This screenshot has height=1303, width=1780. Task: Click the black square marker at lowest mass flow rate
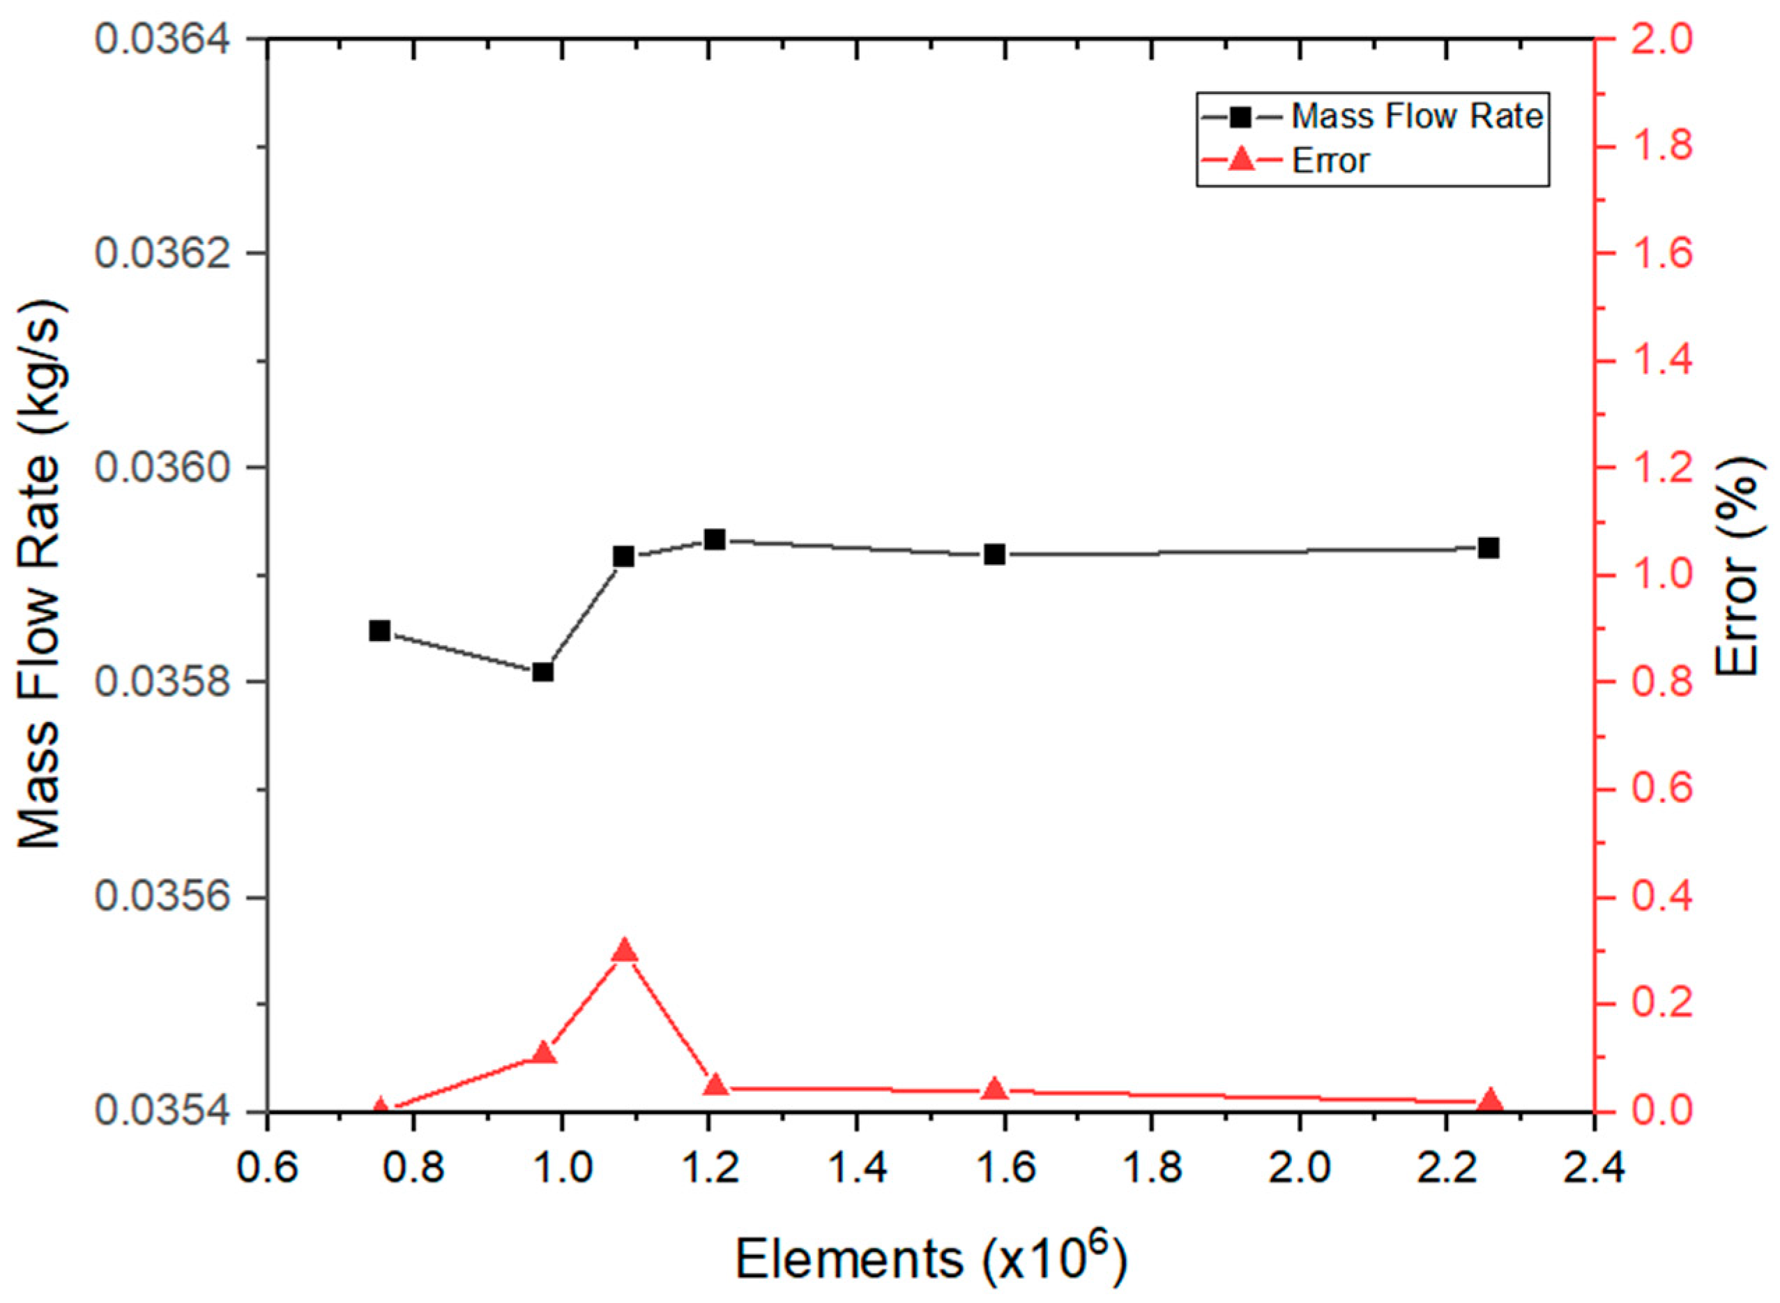click(x=542, y=672)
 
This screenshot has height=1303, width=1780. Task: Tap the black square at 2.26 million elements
click(x=1489, y=548)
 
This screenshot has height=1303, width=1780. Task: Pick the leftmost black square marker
click(x=380, y=630)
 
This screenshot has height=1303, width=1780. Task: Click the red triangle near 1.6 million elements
click(x=995, y=1088)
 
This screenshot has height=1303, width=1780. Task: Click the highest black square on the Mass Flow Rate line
click(x=715, y=539)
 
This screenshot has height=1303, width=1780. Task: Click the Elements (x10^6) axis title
click(x=930, y=1260)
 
